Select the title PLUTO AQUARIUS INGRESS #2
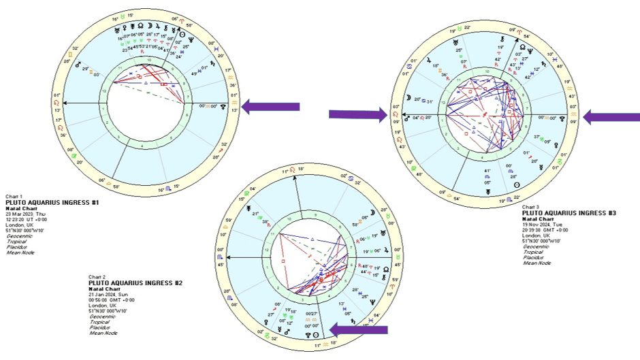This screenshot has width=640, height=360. [x=135, y=282]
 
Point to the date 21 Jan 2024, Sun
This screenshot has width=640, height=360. [x=110, y=293]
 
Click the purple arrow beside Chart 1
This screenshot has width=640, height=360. [x=271, y=105]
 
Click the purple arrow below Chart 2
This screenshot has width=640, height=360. [x=358, y=330]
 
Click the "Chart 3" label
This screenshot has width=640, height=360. [x=531, y=207]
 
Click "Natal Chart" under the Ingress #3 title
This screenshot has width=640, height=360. [x=536, y=218]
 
